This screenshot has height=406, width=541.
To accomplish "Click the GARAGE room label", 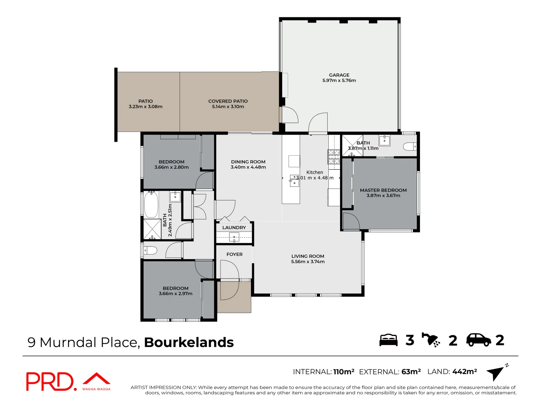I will [339, 75].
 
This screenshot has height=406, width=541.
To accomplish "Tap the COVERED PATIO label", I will [228, 101].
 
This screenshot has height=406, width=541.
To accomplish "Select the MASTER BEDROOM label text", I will [383, 190].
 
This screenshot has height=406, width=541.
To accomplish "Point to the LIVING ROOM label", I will [308, 256].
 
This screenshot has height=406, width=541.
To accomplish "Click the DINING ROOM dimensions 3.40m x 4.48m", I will [248, 167].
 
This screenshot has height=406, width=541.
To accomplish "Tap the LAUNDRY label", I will [234, 227].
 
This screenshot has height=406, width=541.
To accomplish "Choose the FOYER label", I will [234, 255].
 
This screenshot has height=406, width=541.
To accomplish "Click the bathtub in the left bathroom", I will [151, 205].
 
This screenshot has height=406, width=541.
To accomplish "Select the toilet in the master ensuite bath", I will [410, 146].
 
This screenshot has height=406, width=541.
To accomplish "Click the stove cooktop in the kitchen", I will [334, 157].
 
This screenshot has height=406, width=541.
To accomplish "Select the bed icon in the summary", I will [388, 340].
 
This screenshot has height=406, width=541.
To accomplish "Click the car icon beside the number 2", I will [478, 340].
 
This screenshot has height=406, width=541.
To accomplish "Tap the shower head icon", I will [431, 340].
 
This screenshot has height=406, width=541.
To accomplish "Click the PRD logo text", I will [51, 382].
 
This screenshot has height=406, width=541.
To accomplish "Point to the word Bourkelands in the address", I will [189, 342].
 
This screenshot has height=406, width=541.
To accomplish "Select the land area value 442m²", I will [464, 372].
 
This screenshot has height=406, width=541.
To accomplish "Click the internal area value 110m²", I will [343, 372].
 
